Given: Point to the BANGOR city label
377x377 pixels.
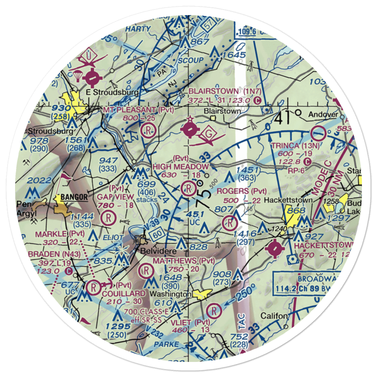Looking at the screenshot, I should click(71, 197).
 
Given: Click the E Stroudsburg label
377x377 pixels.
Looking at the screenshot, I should click(107, 92).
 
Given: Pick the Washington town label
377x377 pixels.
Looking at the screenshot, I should click(174, 293).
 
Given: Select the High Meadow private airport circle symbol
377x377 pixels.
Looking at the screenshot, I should click(187, 188).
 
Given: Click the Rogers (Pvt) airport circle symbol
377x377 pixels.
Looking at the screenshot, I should click(229, 223).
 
